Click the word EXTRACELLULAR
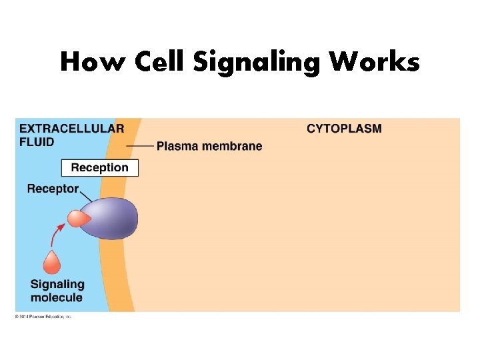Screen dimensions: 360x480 pos(71,129)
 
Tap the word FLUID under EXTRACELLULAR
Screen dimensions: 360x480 pos(37,141)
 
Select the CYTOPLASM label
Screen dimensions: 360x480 pos(344,129)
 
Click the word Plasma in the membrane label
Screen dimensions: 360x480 pos(178,147)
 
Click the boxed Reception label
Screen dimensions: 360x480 pos(99,167)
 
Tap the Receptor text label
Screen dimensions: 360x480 pos(53,189)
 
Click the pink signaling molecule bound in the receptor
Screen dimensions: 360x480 pos(78,218)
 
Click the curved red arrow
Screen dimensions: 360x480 pos(56,234)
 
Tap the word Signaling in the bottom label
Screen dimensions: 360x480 pos(57,284)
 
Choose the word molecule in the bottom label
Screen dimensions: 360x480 pos(57,297)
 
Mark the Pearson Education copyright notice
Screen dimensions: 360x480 pos(43,316)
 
